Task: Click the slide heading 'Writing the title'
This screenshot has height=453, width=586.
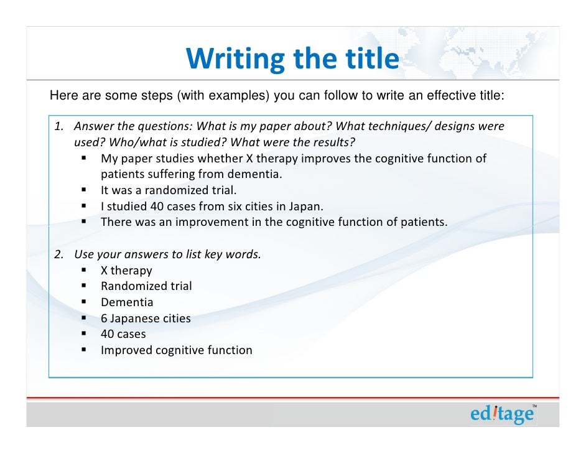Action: click(x=292, y=59)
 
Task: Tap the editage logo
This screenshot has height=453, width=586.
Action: click(x=501, y=414)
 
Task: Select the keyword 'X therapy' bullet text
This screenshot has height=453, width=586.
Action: click(x=126, y=271)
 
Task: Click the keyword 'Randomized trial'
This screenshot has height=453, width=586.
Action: click(x=146, y=286)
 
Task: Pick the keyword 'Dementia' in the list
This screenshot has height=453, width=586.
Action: click(x=127, y=302)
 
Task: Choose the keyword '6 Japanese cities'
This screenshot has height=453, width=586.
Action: click(x=146, y=319)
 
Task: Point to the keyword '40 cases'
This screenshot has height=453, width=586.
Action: click(x=123, y=334)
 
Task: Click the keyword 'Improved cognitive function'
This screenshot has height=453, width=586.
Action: click(x=177, y=350)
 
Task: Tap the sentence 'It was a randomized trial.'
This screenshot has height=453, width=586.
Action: click(x=169, y=190)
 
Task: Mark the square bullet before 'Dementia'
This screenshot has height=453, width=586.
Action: click(x=84, y=302)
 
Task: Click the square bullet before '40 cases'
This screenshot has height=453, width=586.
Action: click(x=84, y=334)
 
